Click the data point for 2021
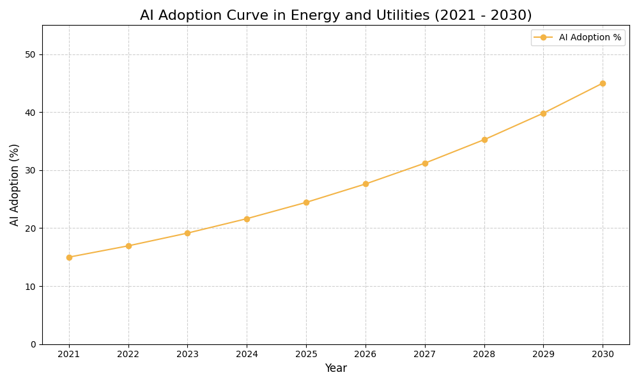click(x=69, y=257)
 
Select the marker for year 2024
click(x=247, y=219)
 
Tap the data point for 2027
click(x=425, y=163)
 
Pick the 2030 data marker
click(x=603, y=83)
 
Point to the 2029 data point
click(x=543, y=113)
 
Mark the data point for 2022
click(x=128, y=246)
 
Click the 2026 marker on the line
click(x=366, y=184)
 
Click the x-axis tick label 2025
click(x=306, y=354)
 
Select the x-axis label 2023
click(x=187, y=354)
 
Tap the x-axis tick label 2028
click(x=484, y=354)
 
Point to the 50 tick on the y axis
click(x=30, y=54)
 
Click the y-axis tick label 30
click(x=30, y=170)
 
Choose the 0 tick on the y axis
click(x=33, y=344)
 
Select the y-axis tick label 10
click(x=30, y=286)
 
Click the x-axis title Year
click(x=335, y=369)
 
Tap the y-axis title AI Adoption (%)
click(x=15, y=184)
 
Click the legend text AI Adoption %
click(x=590, y=38)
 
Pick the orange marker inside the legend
click(x=543, y=38)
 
